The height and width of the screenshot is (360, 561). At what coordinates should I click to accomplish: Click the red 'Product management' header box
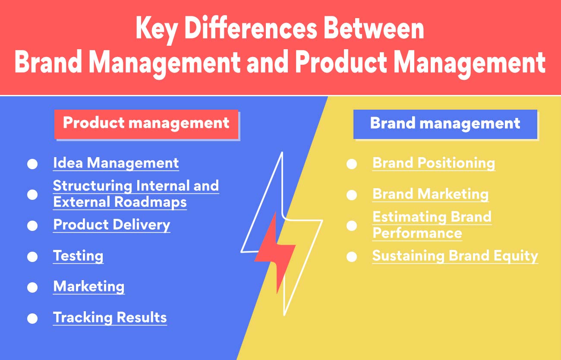coord(146,123)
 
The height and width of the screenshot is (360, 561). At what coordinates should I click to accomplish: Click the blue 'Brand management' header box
coord(445,124)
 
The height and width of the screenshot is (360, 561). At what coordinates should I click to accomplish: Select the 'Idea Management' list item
coord(116,163)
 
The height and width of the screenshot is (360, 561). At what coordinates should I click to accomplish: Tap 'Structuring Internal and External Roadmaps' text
coord(136,194)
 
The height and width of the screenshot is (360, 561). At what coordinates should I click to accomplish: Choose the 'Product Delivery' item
coord(111,225)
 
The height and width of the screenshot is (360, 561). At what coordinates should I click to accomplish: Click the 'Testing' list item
coord(78,256)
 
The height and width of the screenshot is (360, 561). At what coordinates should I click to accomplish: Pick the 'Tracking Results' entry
coord(110,318)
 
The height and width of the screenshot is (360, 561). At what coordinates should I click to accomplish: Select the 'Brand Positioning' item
coord(433,163)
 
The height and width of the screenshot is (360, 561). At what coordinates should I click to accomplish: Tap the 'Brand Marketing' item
coord(430,194)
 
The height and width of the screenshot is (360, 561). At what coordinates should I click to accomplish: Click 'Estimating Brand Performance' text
coord(432,225)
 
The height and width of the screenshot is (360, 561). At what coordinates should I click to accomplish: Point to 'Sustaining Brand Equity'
coord(455,256)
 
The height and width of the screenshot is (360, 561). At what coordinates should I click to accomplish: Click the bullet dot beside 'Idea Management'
coord(32,164)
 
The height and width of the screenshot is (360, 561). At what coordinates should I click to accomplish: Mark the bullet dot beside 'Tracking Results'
coord(32,319)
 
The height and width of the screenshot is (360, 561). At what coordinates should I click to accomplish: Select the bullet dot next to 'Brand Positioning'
coord(352,164)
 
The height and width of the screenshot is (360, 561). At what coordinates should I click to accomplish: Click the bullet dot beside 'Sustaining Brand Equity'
coord(352,257)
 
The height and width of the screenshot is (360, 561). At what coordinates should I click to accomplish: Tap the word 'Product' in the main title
coord(341,63)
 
